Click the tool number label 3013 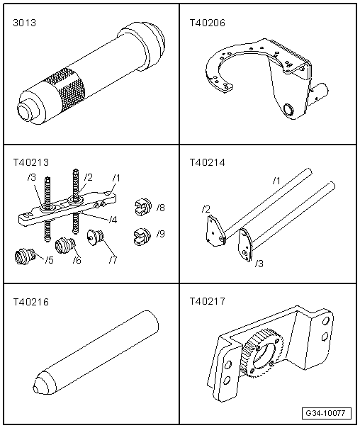pyautogui.click(x=24, y=23)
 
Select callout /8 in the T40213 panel pyautogui.click(x=162, y=208)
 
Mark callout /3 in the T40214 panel pyautogui.click(x=259, y=264)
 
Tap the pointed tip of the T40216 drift pyautogui.click(x=36, y=388)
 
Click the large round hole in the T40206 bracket pyautogui.click(x=288, y=110)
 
